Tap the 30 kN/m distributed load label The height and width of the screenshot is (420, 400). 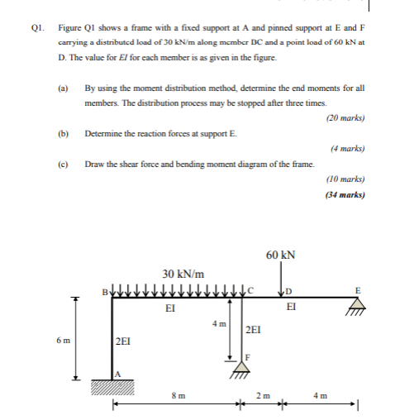183,274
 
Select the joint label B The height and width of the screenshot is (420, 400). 103,291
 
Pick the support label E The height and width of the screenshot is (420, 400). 358,289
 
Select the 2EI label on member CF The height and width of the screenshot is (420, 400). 255,329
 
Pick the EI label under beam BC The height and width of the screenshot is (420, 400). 169,308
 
